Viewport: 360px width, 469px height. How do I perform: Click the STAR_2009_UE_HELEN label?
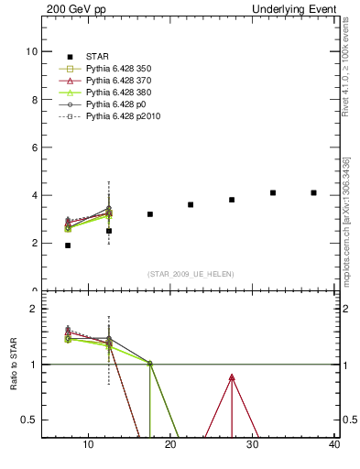click(190, 274)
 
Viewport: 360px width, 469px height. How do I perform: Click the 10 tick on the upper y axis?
click(33, 52)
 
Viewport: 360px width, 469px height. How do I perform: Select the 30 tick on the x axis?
click(253, 445)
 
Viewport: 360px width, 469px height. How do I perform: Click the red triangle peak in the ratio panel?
click(232, 377)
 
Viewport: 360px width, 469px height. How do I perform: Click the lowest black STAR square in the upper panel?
click(68, 245)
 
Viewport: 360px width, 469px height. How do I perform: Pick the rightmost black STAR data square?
click(313, 192)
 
